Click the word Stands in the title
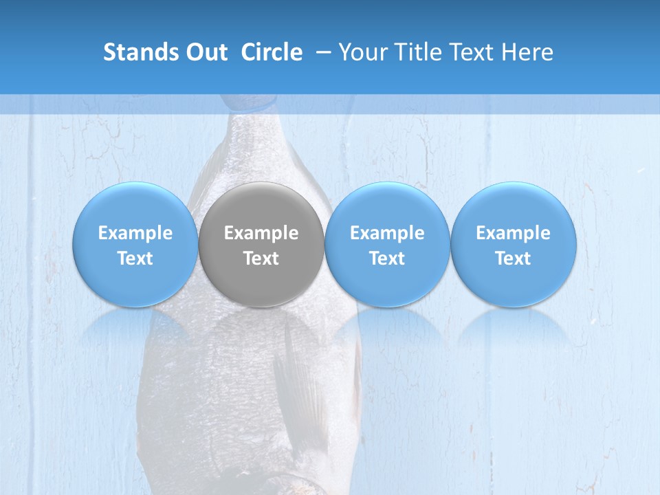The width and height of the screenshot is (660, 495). [137, 52]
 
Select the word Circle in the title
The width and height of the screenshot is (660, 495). [272, 52]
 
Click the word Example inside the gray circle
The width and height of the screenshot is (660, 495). [261, 233]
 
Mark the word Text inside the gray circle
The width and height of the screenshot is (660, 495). [261, 258]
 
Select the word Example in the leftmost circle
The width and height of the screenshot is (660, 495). [135, 233]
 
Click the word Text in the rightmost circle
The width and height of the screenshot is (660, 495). [514, 258]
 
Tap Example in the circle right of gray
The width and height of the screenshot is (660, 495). [387, 233]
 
